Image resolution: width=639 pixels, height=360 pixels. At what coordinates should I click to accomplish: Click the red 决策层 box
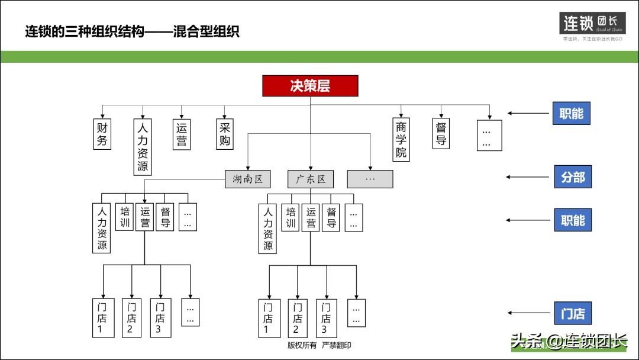coord(310,86)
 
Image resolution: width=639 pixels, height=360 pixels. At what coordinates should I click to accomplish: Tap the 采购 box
coord(225,134)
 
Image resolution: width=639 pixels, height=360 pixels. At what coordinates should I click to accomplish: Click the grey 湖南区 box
coord(248,179)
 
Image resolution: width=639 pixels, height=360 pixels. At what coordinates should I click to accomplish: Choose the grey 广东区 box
coord(311,179)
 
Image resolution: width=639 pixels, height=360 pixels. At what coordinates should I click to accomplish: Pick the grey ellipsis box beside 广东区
coord(370,179)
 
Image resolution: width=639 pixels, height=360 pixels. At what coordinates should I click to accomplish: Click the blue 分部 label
coord(572,177)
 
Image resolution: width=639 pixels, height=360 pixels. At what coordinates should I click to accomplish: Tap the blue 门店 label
coord(572,313)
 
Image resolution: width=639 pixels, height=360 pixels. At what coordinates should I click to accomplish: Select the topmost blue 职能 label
coord(571,113)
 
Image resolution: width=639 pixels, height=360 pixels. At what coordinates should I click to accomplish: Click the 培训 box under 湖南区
coord(124,217)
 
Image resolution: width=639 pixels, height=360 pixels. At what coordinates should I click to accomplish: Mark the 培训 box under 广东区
coord(290,217)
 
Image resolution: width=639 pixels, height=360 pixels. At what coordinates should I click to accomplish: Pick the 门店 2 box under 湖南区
coord(131,318)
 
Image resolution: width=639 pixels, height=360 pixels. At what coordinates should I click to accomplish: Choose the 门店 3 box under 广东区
coord(326,318)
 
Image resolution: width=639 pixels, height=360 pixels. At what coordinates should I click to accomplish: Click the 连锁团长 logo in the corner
coord(592,27)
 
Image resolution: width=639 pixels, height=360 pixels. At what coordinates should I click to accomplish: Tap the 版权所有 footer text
coord(302,345)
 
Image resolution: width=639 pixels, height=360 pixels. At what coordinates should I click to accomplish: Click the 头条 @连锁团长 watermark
coord(568,342)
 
